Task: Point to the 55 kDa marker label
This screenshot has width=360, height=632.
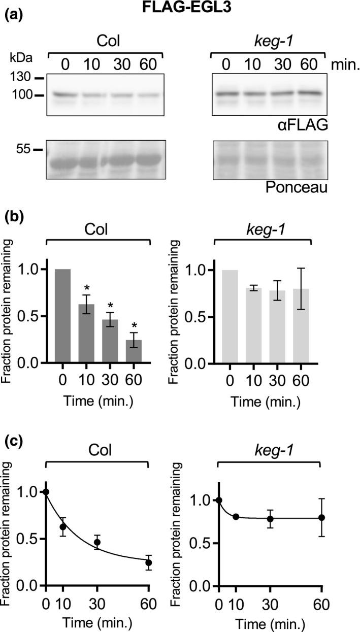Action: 21,150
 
